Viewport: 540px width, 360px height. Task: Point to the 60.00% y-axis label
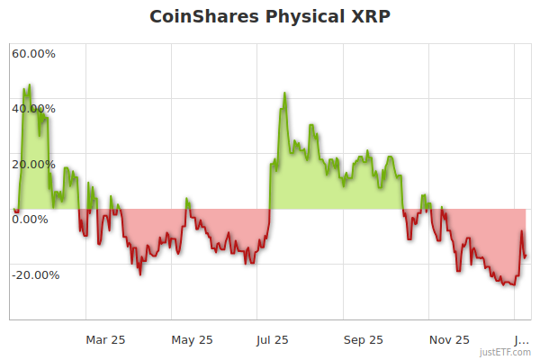[33, 53]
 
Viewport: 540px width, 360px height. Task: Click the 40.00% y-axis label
[33, 109]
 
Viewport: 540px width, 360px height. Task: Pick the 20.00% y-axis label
[33, 164]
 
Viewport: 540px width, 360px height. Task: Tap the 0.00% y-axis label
[30, 219]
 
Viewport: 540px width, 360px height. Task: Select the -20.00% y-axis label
[35, 274]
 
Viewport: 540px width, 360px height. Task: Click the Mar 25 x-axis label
[105, 339]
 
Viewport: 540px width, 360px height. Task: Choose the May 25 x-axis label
[192, 339]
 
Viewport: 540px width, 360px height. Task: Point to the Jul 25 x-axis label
[273, 339]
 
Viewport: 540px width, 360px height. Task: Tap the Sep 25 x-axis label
[363, 339]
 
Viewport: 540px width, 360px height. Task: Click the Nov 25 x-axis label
[449, 339]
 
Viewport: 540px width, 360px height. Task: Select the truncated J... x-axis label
[521, 339]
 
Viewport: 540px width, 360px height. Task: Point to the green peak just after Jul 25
[284, 93]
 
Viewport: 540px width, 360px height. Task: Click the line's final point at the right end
[526, 257]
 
